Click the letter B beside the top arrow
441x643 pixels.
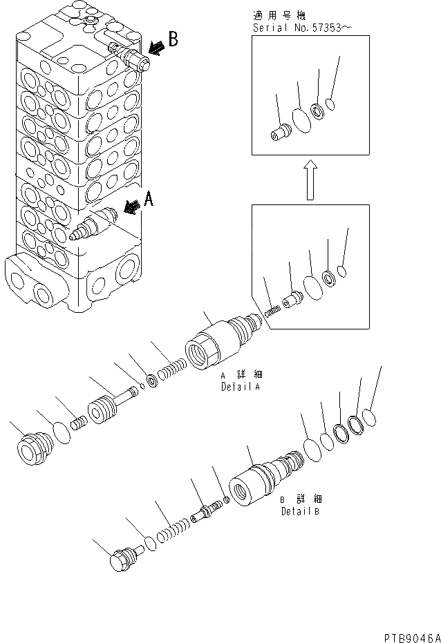(x=173, y=39)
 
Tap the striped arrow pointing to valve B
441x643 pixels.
(x=157, y=47)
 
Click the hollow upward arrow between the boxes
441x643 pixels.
(x=310, y=179)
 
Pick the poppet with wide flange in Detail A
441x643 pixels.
(x=106, y=410)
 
